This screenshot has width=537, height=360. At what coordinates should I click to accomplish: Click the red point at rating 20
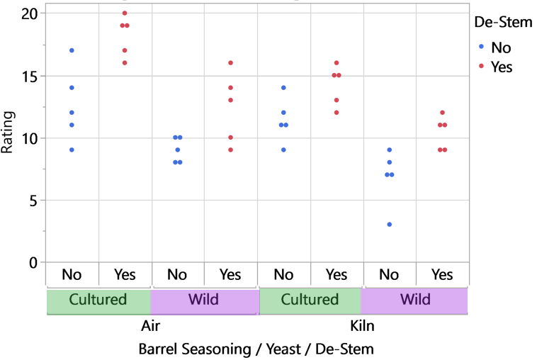pos(125,13)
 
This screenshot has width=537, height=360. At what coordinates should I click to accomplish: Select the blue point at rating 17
pos(72,50)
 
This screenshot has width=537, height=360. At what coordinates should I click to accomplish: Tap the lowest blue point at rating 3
pos(389,225)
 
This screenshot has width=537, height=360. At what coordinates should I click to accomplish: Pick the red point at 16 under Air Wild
pos(230,63)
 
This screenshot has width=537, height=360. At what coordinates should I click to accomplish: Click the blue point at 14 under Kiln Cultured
pos(283,88)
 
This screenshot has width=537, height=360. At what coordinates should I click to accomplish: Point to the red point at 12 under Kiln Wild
pos(442,113)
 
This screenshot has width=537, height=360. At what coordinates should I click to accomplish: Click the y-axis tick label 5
pos(32,200)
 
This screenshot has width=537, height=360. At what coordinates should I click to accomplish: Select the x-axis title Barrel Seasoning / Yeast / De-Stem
pos(256,349)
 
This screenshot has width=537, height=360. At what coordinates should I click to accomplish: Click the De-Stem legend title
pos(503,23)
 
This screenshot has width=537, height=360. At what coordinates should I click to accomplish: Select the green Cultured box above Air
pos(98,300)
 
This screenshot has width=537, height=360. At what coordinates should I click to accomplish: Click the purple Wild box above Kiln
pos(414,300)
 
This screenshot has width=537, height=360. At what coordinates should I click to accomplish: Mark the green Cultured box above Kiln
pos(310,300)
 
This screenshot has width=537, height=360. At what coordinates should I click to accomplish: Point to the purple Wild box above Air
pos(203,300)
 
